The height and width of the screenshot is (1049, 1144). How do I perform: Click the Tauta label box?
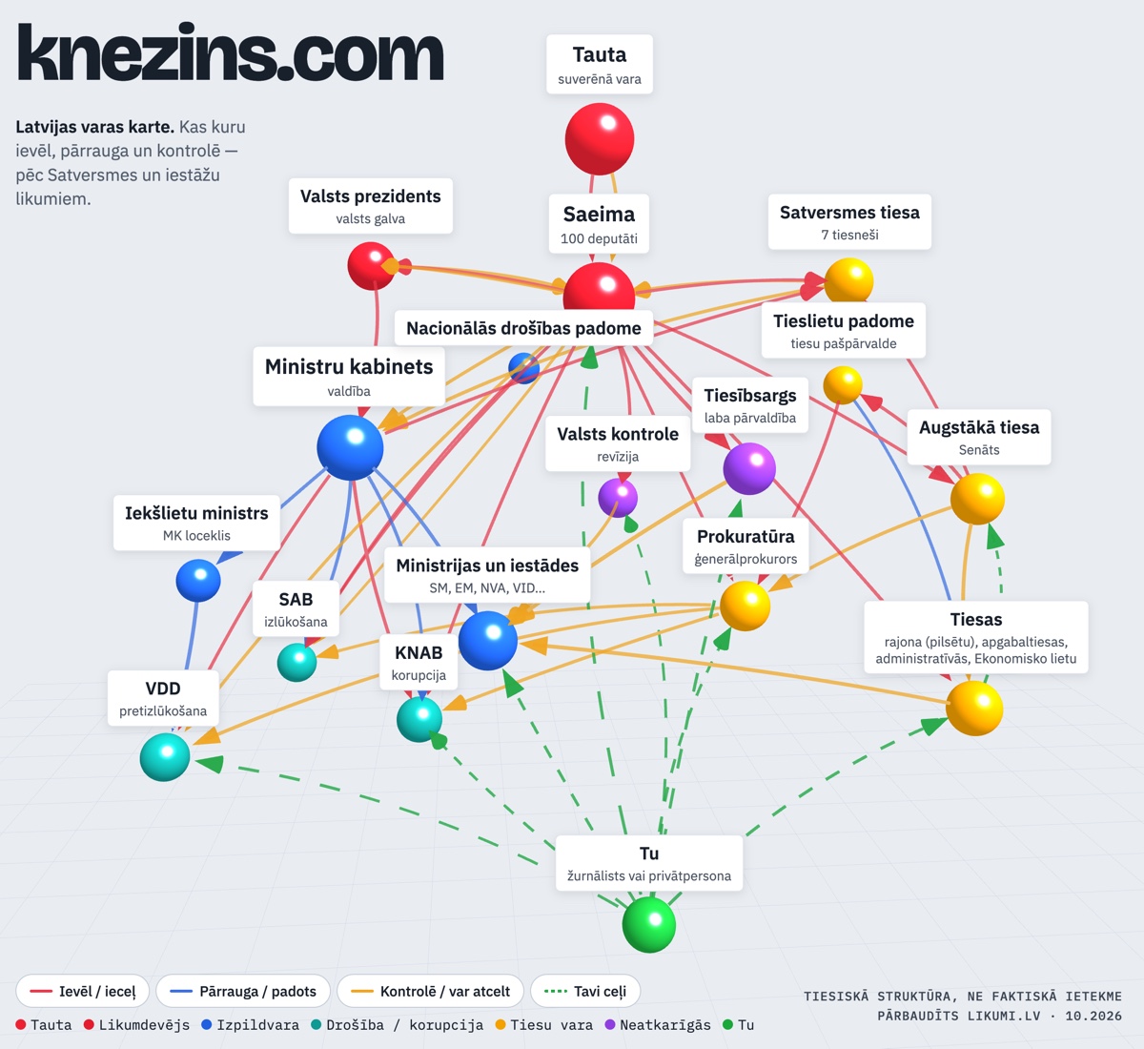[x=600, y=64]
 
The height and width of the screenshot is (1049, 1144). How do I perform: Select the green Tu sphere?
[x=649, y=924]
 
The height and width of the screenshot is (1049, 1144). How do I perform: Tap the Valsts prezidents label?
[x=371, y=205]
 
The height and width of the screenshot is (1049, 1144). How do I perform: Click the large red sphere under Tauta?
[x=600, y=138]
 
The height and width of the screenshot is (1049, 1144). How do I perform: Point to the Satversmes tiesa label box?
[x=849, y=221]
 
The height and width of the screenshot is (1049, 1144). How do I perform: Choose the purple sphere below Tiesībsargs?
[x=749, y=468]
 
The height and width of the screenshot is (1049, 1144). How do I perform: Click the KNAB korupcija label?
[x=419, y=662]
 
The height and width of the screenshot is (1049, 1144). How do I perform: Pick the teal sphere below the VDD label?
[x=165, y=757]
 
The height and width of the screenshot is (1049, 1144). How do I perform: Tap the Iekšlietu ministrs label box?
[x=196, y=523]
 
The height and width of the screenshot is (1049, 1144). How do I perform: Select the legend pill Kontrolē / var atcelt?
[x=431, y=992]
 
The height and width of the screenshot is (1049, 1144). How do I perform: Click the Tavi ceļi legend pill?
[x=585, y=992]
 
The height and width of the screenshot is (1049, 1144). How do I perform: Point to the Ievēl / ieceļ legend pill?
[x=83, y=992]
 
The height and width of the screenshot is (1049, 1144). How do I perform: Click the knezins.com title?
[x=231, y=52]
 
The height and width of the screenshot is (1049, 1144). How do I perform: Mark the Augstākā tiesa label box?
[x=979, y=437]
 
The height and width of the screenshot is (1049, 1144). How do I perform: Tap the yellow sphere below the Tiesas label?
[x=974, y=708]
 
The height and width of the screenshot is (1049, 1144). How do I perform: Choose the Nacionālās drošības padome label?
[x=523, y=328]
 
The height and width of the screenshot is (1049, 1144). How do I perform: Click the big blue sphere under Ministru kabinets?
[x=350, y=447]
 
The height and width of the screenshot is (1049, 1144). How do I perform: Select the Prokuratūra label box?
[x=746, y=545]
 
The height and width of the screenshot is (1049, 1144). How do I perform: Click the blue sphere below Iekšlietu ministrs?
[x=198, y=581]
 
